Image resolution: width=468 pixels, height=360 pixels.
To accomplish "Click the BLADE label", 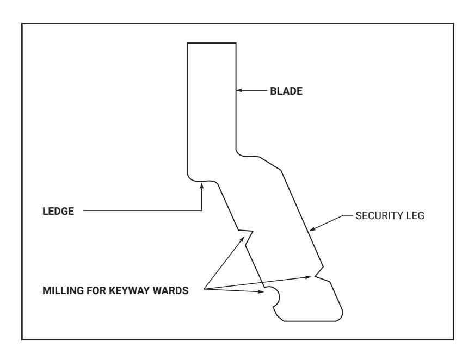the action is [286, 91].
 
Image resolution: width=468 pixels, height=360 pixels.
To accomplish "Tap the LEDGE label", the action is [58, 211].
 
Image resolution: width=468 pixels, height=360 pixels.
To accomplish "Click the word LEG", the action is [413, 216].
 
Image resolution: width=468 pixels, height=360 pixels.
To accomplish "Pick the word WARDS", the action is [170, 290].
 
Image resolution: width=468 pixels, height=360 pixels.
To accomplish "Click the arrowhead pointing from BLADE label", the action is [239, 90].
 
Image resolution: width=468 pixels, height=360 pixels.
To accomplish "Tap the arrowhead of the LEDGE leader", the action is [202, 186].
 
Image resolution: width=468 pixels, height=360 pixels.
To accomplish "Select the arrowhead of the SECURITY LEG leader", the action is [312, 229].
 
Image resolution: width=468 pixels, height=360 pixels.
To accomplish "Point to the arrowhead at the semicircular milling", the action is [261, 291].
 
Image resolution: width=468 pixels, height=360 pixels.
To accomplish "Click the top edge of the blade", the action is [212, 43].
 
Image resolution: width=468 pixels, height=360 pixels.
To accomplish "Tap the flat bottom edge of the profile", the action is [310, 321].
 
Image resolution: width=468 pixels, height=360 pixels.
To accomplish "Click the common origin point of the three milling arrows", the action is [204, 289].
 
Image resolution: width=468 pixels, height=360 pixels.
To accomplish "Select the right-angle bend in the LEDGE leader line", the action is [202, 210].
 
